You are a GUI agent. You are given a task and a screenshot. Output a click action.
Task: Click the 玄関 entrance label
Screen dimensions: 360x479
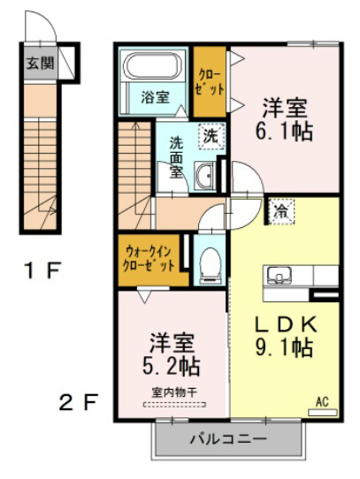[x=40, y=64]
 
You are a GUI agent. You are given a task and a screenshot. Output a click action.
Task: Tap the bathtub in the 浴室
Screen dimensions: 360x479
[x=152, y=65]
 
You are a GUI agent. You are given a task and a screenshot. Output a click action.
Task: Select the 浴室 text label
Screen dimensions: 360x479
[x=155, y=97]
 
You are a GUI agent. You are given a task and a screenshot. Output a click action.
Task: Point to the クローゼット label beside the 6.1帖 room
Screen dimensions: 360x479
[x=211, y=82]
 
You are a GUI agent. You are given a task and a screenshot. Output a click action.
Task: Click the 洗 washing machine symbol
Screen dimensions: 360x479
[x=211, y=137]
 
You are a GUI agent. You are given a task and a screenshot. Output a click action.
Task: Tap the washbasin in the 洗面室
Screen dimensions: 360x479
[x=204, y=176]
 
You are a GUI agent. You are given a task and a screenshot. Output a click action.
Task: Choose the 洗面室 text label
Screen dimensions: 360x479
[x=177, y=158]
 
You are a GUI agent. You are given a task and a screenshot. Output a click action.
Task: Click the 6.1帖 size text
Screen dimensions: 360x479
[x=284, y=132]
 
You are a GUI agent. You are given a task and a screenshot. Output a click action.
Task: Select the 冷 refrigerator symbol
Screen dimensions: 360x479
[x=281, y=211]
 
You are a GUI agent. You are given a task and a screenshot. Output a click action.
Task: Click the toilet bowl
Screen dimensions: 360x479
[x=211, y=264]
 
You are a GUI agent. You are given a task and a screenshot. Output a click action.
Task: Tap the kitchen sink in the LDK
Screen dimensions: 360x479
[x=280, y=275]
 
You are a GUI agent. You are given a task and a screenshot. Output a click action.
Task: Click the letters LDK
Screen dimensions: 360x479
[x=286, y=324]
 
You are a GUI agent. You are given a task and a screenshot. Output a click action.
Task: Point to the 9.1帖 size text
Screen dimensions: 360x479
[x=284, y=347]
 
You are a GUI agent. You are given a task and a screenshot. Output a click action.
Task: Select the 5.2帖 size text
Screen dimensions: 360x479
[x=172, y=366]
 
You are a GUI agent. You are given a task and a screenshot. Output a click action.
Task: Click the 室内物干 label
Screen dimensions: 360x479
[x=174, y=392]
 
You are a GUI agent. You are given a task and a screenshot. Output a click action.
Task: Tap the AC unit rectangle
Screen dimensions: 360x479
[x=322, y=413]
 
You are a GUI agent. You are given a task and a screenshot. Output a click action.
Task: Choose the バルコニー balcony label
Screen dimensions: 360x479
[x=228, y=439]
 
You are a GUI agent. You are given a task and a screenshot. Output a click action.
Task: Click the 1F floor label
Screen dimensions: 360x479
[x=42, y=270]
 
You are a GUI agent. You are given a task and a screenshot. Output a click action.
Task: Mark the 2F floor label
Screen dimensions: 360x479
[x=79, y=402]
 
